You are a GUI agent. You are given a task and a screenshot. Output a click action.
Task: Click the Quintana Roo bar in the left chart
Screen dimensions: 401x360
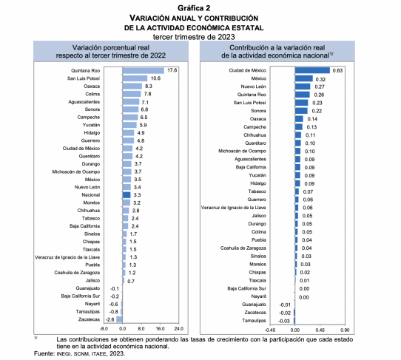[144, 70]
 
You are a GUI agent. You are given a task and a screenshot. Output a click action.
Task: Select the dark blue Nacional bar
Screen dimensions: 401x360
[127, 195]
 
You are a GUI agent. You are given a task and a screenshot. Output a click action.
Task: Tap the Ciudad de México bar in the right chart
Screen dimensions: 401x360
[312, 70]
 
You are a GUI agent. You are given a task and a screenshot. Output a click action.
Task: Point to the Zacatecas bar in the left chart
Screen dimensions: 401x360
[119, 319]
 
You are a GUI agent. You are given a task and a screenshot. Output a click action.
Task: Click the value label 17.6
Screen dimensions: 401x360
[172, 70]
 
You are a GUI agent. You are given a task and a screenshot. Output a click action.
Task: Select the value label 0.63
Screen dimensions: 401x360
[337, 70]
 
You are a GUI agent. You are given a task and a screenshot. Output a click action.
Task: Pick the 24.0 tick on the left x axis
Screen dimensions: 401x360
[179, 328]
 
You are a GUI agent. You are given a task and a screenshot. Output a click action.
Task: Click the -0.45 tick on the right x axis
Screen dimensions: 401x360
[270, 330]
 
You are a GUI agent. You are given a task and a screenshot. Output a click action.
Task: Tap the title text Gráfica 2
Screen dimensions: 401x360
[194, 8]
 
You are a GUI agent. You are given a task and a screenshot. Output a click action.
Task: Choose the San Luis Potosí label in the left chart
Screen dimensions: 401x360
[84, 78]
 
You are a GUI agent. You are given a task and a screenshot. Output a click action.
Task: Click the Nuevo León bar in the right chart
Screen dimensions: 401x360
[303, 86]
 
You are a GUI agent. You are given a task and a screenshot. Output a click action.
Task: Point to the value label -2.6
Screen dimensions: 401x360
[109, 319]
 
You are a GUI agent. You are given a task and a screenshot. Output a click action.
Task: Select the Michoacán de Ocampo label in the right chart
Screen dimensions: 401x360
[242, 151]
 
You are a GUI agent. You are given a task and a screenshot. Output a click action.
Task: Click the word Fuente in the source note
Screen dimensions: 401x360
[44, 353]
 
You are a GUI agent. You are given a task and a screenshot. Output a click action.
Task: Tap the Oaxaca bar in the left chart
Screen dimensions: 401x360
[132, 86]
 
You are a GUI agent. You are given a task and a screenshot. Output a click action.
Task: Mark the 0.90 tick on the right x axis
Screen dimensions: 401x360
[345, 330]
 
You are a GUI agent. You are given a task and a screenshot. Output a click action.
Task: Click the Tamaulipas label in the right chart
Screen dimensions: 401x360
[254, 320]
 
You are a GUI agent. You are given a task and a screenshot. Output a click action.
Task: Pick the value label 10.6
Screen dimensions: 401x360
[155, 78]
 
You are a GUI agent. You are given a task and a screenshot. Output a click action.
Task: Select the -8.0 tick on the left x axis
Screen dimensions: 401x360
[104, 328]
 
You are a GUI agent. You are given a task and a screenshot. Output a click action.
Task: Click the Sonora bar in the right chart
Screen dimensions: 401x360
[301, 111]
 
